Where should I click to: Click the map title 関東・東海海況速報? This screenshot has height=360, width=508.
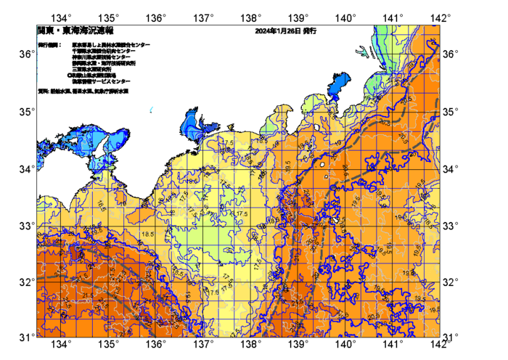tap(65, 32)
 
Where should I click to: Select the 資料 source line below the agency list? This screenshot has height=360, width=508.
tap(83, 91)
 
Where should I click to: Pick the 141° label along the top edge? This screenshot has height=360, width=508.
tap(393, 17)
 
